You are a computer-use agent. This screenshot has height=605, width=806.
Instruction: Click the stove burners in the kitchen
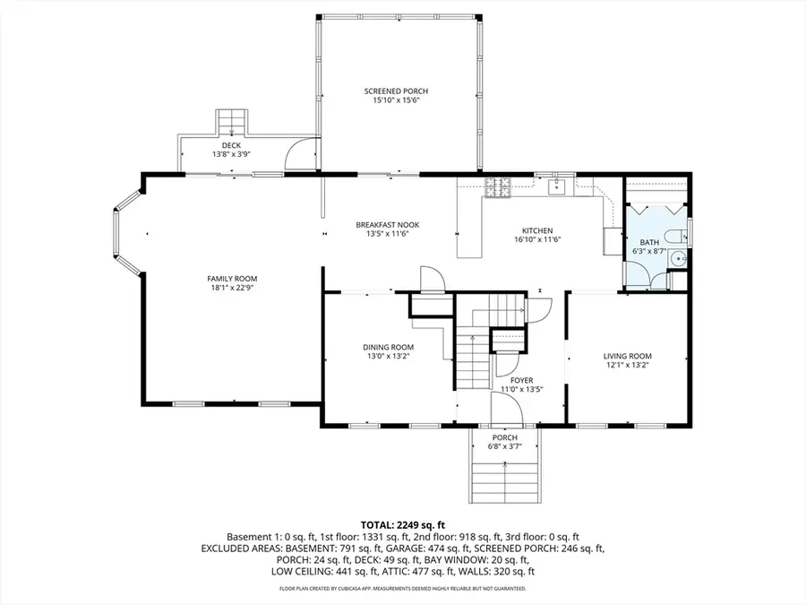[496, 187]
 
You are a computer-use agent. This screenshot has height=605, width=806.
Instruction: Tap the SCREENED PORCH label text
[396, 91]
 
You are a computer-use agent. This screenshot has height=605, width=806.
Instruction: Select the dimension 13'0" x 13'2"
[388, 356]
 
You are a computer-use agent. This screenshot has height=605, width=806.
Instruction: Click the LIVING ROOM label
[627, 356]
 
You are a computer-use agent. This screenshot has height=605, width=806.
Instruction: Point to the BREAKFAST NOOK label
[387, 224]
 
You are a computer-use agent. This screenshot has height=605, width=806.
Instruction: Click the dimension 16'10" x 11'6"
[538, 239]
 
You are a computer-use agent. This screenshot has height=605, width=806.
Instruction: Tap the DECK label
[231, 145]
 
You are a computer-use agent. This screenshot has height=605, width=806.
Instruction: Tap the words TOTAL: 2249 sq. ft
[402, 524]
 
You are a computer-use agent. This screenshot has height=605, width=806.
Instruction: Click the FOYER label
[522, 380]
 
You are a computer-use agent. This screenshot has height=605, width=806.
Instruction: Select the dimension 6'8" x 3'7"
[504, 445]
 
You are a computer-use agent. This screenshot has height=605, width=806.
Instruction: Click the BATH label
[648, 243]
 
